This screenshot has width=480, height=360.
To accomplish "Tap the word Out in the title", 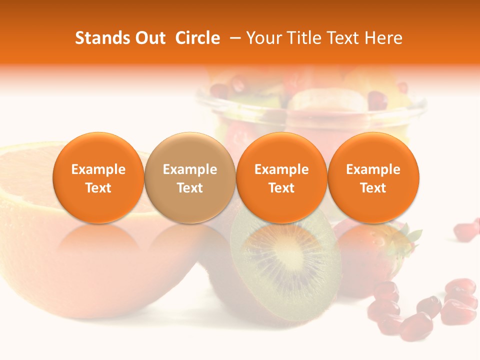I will point(149,38).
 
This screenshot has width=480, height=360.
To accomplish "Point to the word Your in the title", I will point(264,38).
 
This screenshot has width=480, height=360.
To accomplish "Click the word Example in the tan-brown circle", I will point(190,169).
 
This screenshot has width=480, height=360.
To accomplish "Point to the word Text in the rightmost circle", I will point(373,188).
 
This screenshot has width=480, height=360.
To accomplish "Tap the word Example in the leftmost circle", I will point(98,169).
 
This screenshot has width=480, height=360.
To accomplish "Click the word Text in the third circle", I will point(281,188).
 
